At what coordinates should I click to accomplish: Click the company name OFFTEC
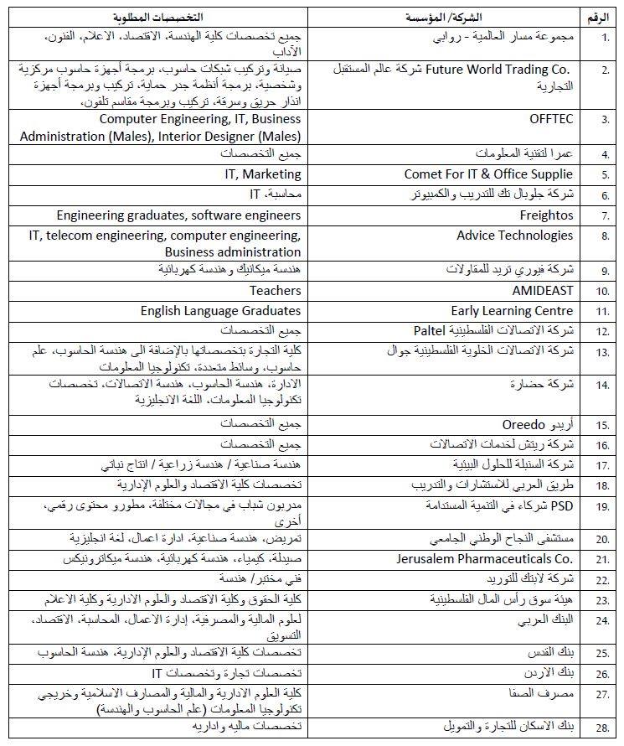coord(551,119)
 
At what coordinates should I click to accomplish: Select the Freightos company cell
coord(546,215)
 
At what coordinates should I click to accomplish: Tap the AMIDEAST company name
coord(543,291)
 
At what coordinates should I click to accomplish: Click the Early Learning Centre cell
coord(512,311)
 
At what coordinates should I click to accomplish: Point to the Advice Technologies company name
coord(514,236)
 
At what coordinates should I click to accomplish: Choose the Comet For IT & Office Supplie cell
coord(488,174)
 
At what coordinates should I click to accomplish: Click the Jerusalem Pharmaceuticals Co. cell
coord(484,558)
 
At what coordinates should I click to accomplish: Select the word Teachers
coord(275,291)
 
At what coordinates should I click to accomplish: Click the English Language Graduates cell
coord(220,311)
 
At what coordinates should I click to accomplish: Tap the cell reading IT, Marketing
coord(262,174)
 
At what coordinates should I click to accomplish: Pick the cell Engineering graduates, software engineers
coord(178,215)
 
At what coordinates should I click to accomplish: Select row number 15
coord(601,424)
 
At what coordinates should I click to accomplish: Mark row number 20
coord(601,538)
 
